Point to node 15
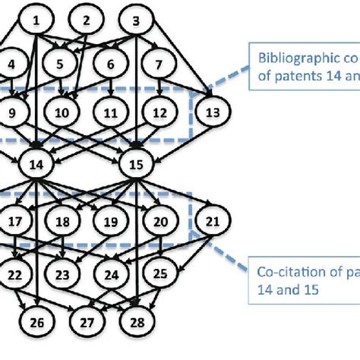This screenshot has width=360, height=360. click(135, 163)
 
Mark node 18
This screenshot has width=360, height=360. click(64, 222)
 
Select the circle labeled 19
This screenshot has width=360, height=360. click(111, 222)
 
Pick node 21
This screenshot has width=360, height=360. click(212, 222)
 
